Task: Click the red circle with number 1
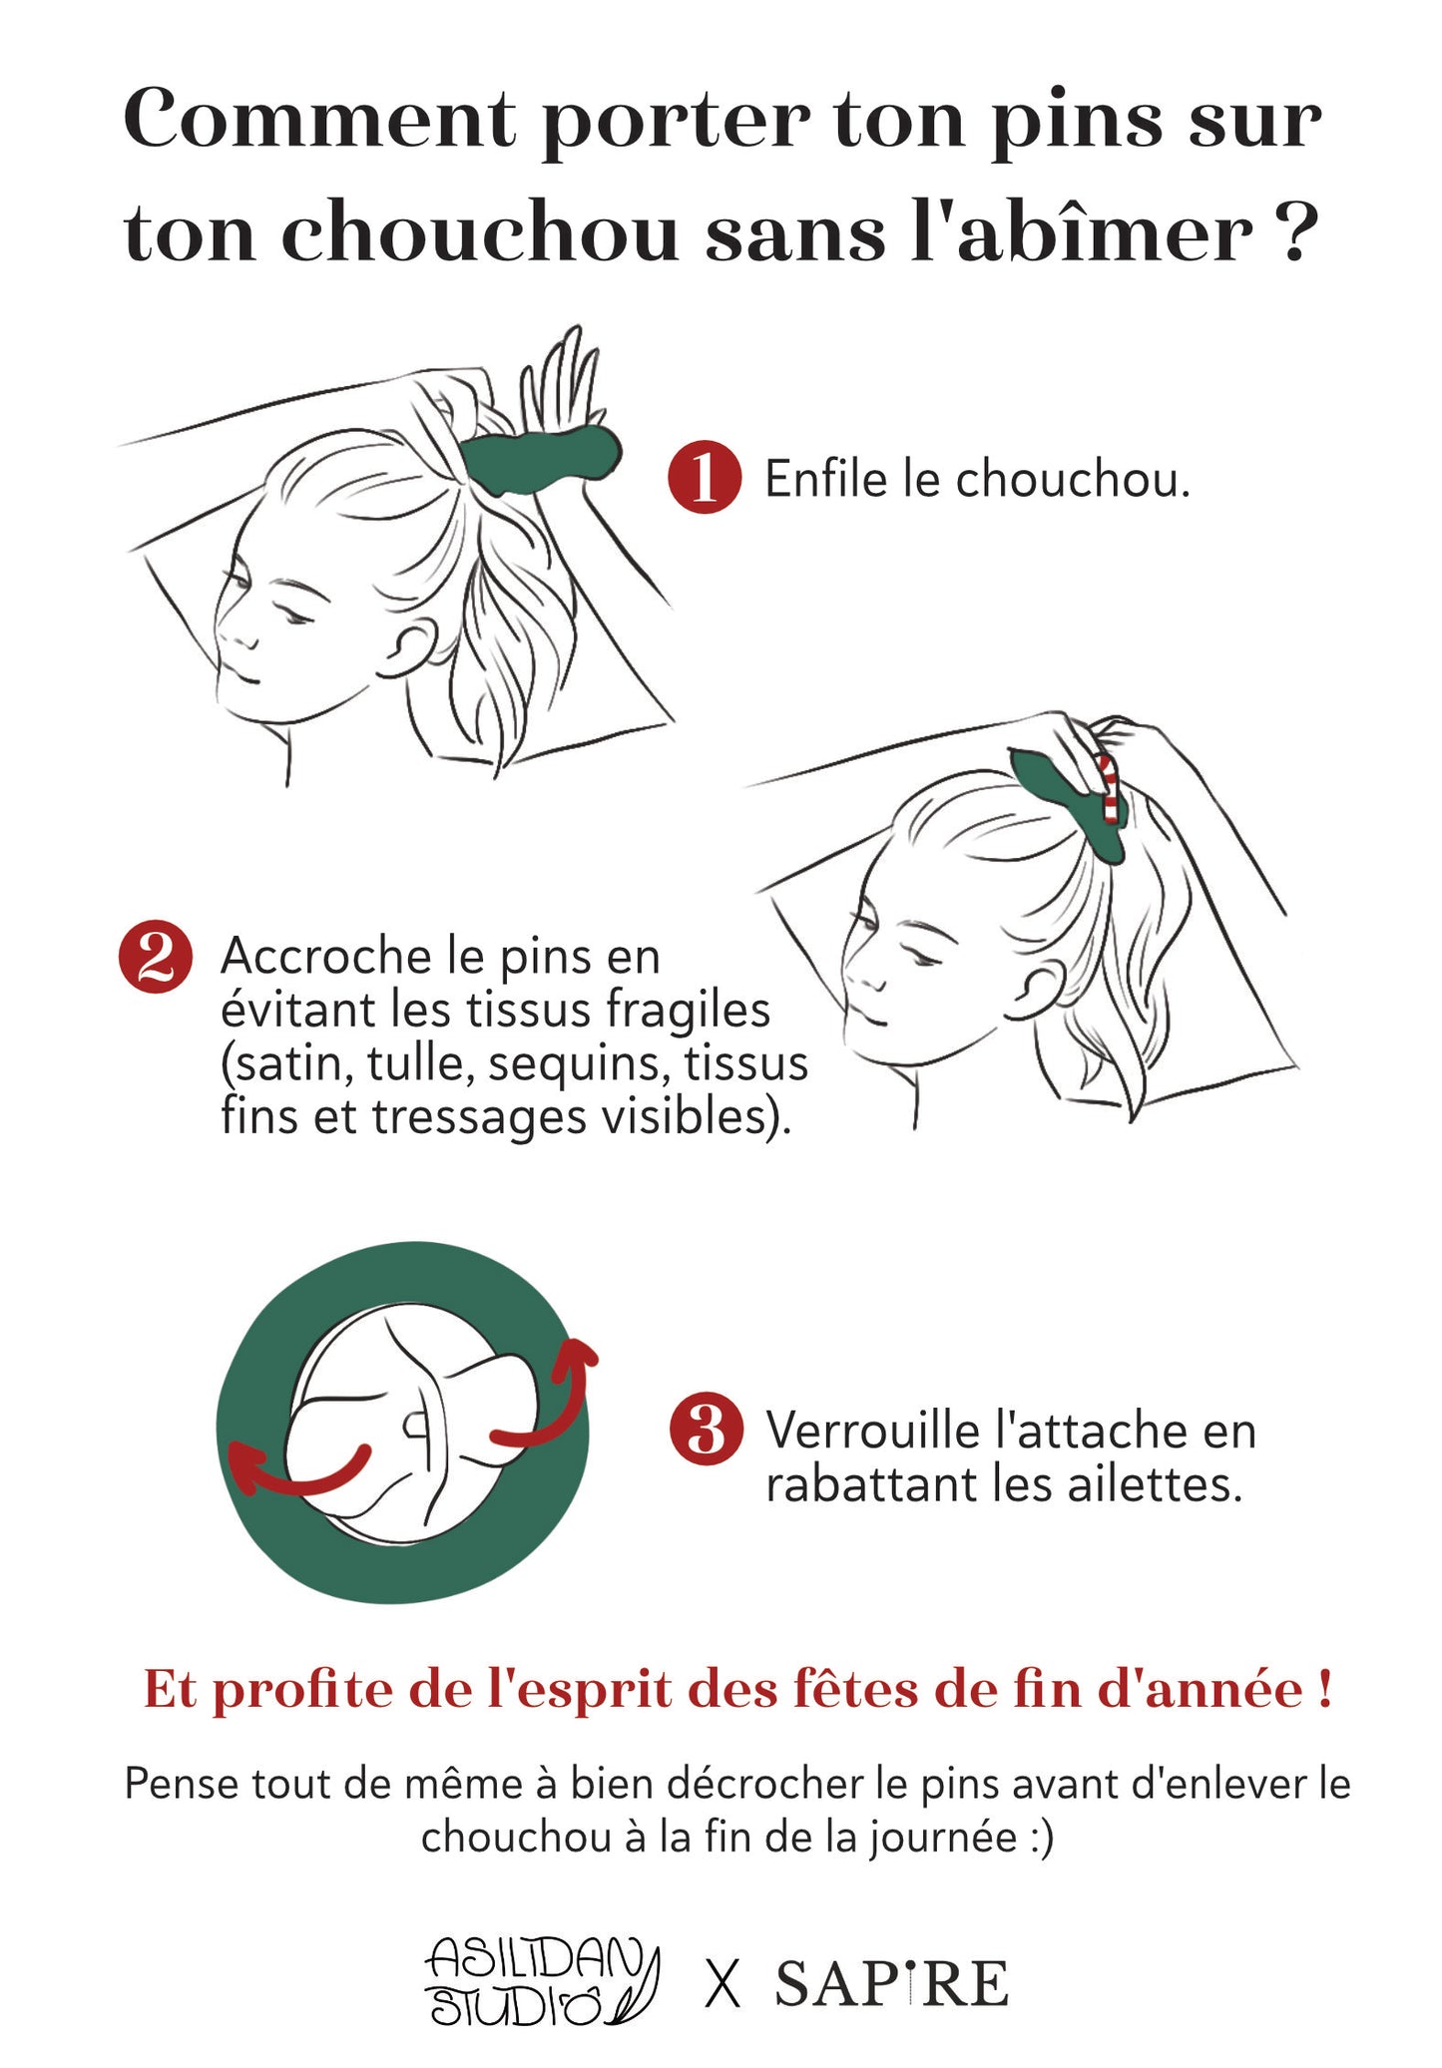coord(705,477)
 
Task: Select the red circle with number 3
coord(706,1430)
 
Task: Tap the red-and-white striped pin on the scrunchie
coord(1107,788)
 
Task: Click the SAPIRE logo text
coord(891,1982)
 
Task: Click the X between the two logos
coord(722,1983)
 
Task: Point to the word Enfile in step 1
coord(825,479)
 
